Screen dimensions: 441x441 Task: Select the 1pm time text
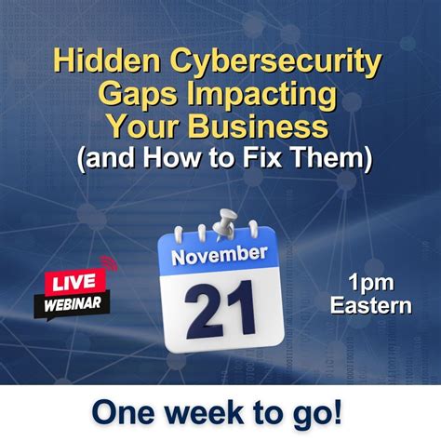370,281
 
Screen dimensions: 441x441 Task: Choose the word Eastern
370,304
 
